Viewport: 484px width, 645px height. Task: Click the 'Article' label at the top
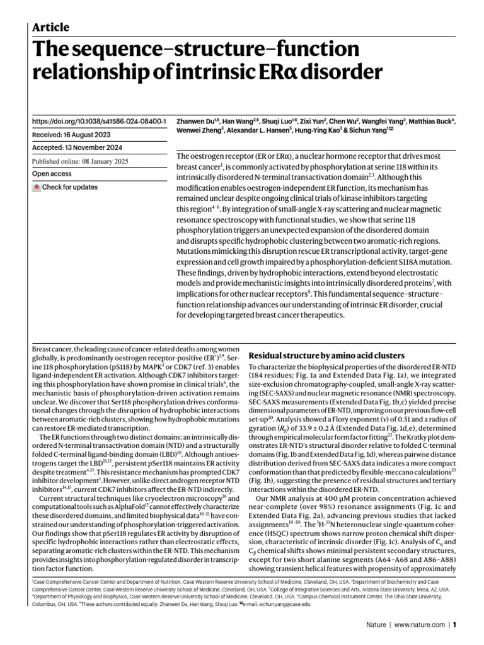coord(50,27)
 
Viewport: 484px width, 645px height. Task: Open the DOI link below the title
coord(99,120)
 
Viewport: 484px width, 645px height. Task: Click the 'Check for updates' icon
coord(37,187)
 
